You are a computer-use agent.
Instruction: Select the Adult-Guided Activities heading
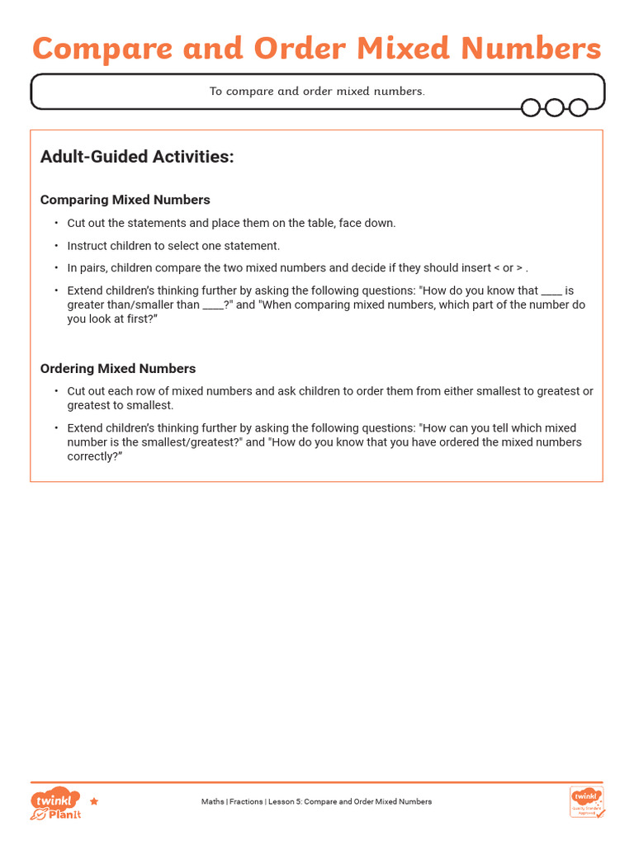(137, 157)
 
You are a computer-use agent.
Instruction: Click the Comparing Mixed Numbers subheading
(125, 200)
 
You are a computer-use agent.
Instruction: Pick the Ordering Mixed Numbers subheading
(118, 368)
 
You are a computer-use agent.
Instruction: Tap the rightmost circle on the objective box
(579, 107)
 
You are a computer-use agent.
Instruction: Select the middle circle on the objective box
(555, 107)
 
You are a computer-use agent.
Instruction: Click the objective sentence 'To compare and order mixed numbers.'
(317, 91)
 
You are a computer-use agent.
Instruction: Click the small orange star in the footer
(94, 801)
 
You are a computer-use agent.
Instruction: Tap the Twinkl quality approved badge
(586, 801)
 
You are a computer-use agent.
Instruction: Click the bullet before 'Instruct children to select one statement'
(57, 246)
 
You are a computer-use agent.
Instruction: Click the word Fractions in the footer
(246, 801)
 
